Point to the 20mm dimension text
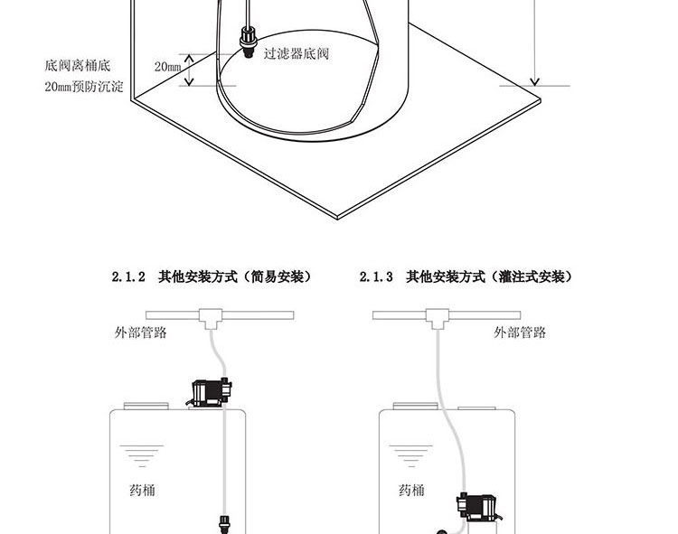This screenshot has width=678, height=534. pos(168,67)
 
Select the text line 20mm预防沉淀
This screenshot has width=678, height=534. pos(83,88)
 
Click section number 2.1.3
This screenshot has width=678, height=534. pos(375,277)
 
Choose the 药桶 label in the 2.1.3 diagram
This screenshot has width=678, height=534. pos(411,490)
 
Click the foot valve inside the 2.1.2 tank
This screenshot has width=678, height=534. pos(223,523)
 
